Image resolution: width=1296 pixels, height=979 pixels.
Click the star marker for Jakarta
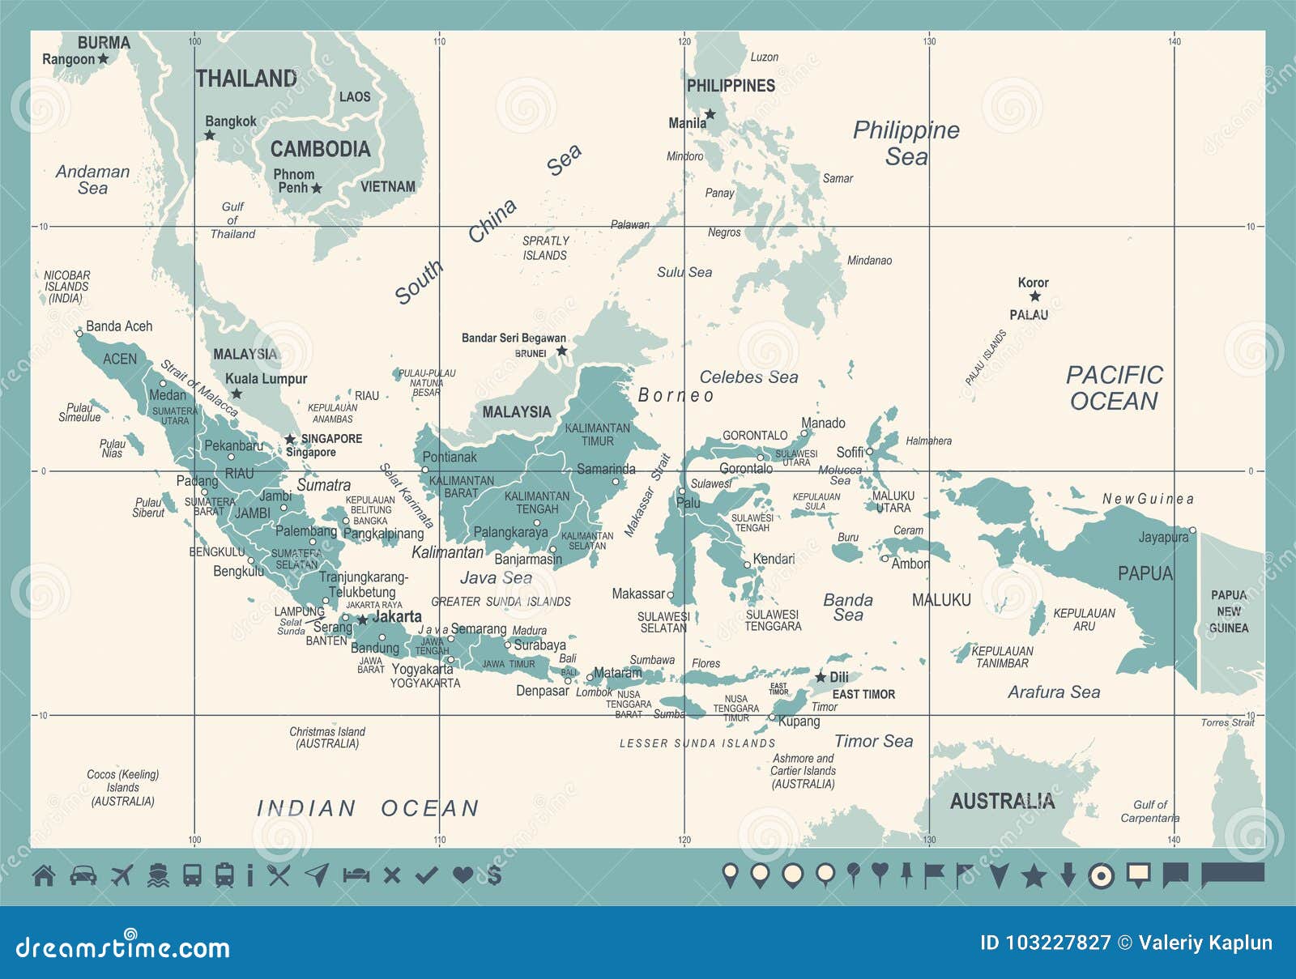tap(362, 619)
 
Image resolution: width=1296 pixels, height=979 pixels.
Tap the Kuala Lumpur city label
tap(266, 379)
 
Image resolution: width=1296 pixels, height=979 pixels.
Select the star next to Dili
tap(821, 677)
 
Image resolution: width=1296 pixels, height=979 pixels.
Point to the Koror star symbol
tap(1034, 296)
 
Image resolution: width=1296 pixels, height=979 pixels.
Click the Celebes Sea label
tap(748, 377)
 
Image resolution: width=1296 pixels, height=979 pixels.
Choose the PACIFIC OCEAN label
tap(1114, 388)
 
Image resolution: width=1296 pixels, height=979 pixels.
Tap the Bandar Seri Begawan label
tap(514, 338)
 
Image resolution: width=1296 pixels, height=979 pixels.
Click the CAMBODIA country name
tap(320, 149)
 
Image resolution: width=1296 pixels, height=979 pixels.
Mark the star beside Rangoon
tap(103, 59)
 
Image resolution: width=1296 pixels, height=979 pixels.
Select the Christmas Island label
tap(327, 737)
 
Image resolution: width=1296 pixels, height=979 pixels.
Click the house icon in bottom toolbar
tap(44, 875)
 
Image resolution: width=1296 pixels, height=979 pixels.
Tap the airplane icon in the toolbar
tap(122, 875)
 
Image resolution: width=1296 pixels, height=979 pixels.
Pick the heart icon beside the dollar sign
tap(463, 875)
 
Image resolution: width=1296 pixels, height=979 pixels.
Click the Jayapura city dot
tap(1192, 531)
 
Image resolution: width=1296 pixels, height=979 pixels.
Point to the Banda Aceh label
tap(119, 326)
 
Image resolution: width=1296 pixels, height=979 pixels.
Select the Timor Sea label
tap(873, 742)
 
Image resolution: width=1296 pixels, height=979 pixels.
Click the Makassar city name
tap(638, 594)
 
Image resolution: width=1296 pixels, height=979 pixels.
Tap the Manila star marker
tap(710, 114)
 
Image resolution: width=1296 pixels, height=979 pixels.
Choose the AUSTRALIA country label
tap(1002, 802)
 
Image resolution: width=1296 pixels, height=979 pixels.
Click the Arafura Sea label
tap(1054, 692)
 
